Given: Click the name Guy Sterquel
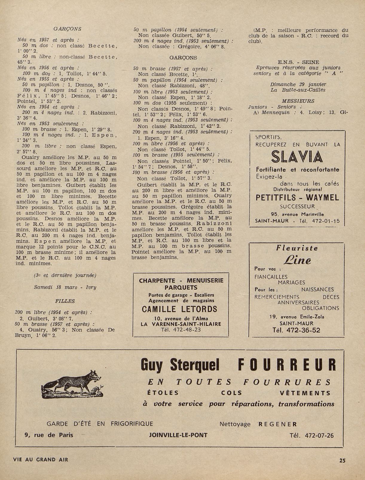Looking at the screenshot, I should (180, 365).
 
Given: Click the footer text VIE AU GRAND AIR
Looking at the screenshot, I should (41, 459).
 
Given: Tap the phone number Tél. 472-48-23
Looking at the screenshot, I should (181, 329).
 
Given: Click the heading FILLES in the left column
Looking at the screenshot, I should (65, 301).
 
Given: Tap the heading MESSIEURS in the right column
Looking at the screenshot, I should (298, 101).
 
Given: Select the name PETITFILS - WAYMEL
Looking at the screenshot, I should (297, 198).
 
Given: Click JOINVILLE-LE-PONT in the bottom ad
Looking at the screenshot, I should (178, 435).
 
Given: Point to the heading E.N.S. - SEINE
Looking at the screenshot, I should (298, 62).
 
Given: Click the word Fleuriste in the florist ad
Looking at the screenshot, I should (297, 248).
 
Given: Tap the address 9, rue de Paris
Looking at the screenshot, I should (49, 435).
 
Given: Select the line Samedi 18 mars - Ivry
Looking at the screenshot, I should (65, 287).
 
